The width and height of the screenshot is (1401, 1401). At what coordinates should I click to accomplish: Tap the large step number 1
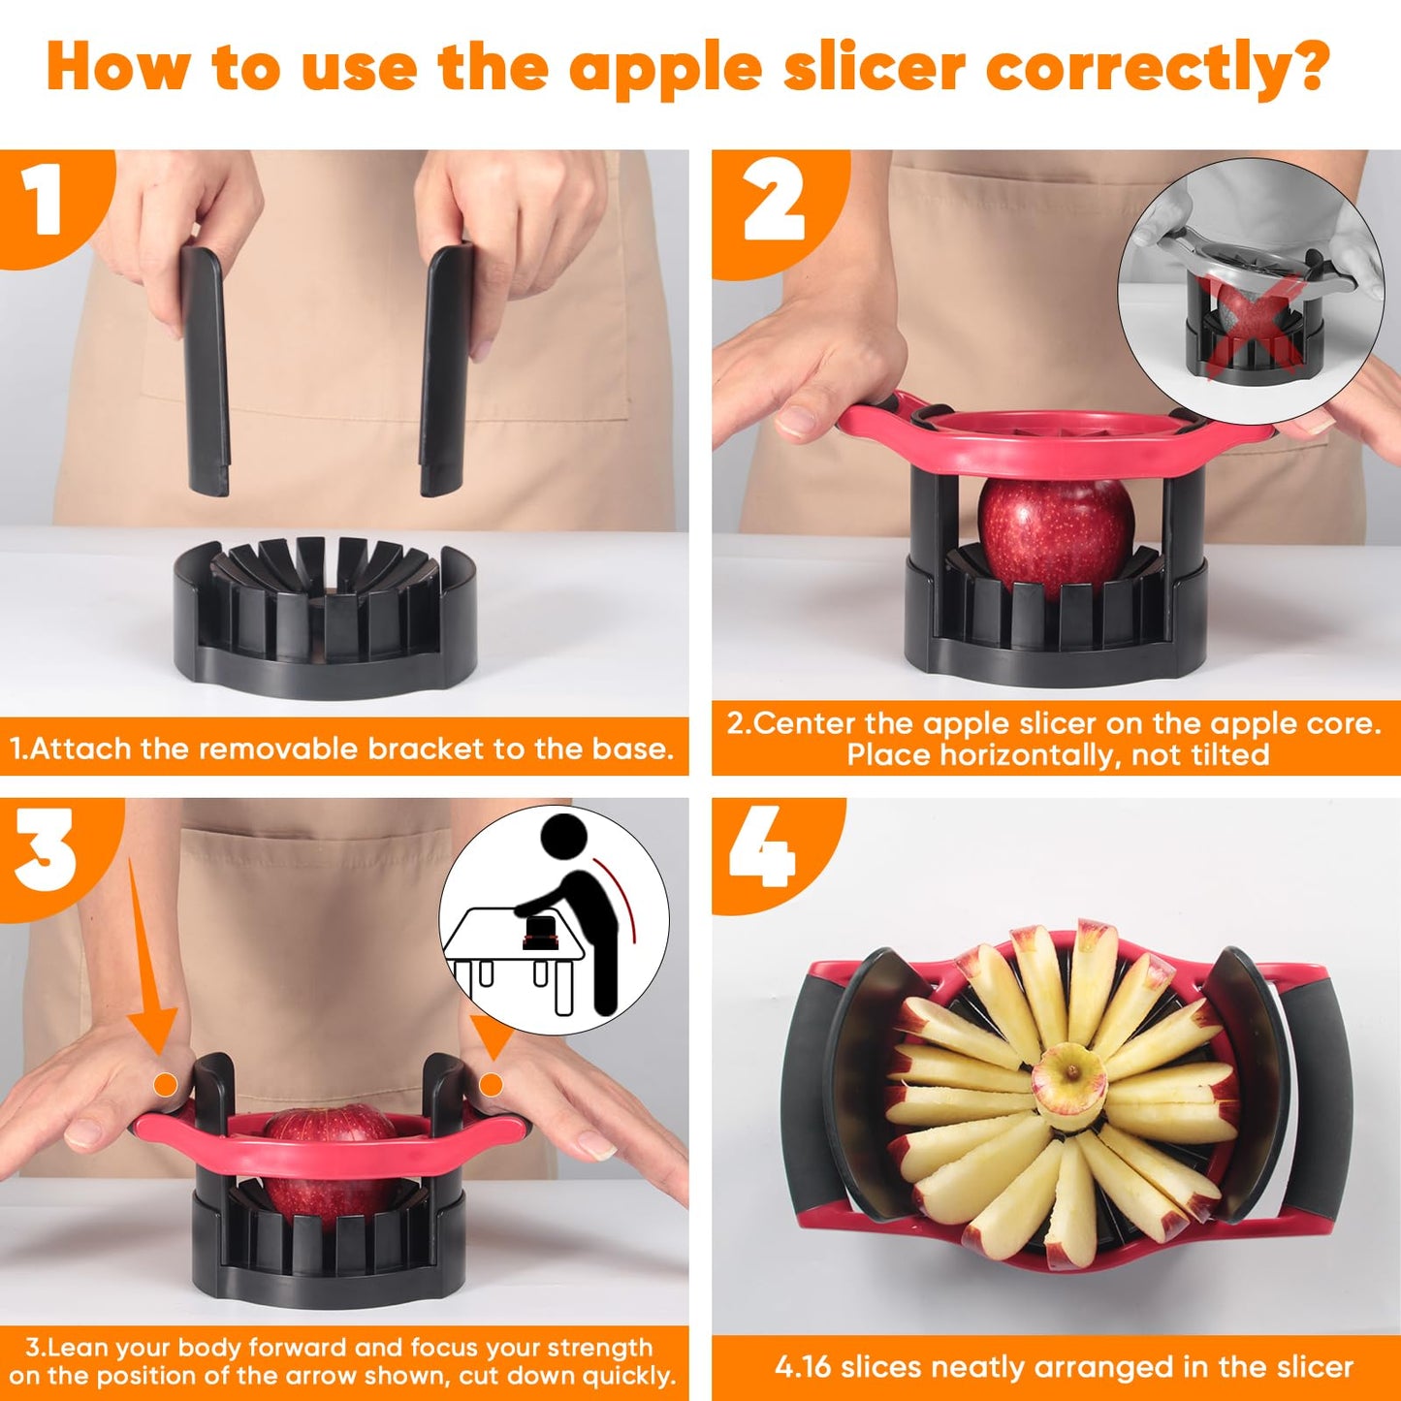(x=43, y=200)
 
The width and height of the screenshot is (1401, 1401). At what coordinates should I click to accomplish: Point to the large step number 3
(x=45, y=850)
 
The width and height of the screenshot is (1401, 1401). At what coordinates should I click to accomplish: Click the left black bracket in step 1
(x=205, y=371)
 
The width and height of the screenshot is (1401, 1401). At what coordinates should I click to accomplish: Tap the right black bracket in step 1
(x=446, y=370)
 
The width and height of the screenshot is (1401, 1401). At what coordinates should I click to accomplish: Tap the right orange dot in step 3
(x=492, y=1084)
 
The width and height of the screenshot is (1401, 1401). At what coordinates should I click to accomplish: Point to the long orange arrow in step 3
(x=145, y=950)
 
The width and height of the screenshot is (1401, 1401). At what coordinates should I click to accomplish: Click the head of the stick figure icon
(x=563, y=837)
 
